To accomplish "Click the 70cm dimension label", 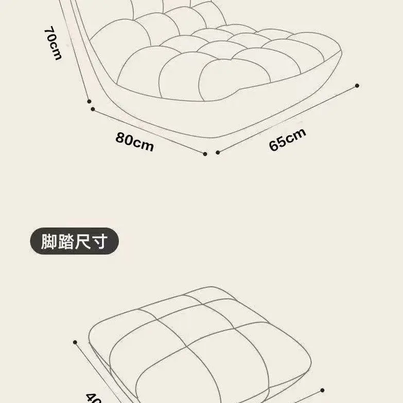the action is [52, 43].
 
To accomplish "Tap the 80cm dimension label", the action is [135, 142].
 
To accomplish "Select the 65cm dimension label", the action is [287, 139].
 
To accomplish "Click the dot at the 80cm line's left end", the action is [93, 109].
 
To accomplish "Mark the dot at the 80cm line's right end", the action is [205, 153].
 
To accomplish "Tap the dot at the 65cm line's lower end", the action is [218, 152].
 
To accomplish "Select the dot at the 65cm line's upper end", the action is [357, 85].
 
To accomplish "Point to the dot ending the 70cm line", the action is [89, 101].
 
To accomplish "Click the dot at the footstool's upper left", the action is [76, 342].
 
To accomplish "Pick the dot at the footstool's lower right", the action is [323, 390].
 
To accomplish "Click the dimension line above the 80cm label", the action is [149, 131].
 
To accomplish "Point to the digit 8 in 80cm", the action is [120, 138].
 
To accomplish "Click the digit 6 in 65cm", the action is [273, 146].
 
